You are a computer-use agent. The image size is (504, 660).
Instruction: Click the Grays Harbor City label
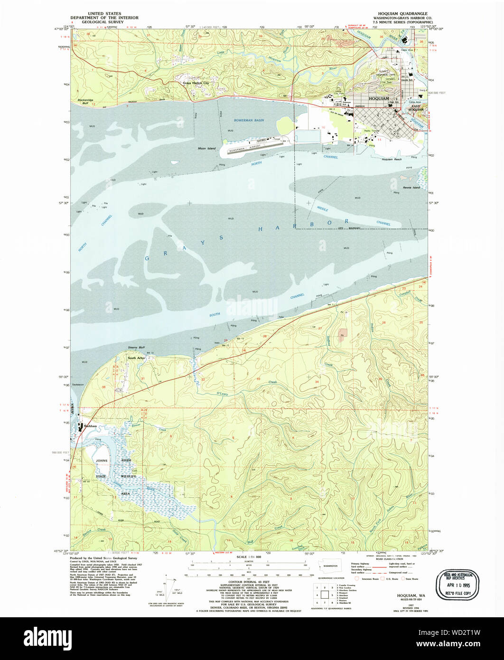pos(196,83)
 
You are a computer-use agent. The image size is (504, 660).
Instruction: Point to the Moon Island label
pos(207,148)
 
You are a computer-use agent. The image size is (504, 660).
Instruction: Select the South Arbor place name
pos(135,358)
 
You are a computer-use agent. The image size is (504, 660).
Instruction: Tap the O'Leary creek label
pos(222,393)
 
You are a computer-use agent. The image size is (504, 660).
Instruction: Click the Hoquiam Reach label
pos(392,160)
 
